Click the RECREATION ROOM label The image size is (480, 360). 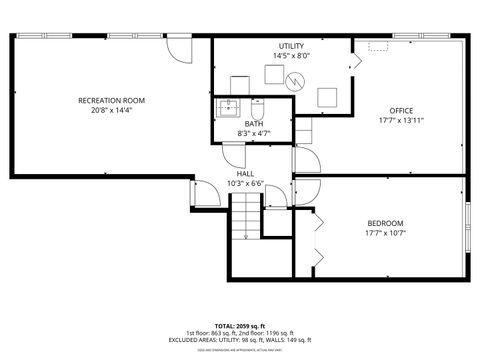click(112, 100)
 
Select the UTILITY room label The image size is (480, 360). click(291, 46)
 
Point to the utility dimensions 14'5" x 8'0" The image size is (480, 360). click(291, 56)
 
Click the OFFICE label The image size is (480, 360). click(401, 110)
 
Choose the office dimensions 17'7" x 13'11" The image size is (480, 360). click(401, 120)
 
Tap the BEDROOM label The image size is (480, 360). click(385, 223)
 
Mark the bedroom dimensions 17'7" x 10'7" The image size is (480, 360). click(385, 233)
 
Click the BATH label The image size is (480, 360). click(254, 124)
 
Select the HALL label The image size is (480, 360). click(245, 174)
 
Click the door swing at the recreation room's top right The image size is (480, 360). click(179, 47)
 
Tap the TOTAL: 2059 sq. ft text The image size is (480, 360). click(239, 325)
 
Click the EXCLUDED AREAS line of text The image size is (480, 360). click(239, 338)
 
